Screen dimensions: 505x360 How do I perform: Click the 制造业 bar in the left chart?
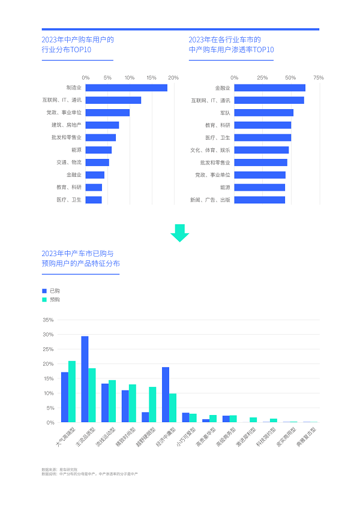(x=126, y=88)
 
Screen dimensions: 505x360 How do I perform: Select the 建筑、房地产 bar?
(x=102, y=125)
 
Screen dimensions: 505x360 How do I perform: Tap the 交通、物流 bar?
(x=97, y=163)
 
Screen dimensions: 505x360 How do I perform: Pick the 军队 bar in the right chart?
(x=263, y=113)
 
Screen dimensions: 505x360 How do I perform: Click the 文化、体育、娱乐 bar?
(x=261, y=150)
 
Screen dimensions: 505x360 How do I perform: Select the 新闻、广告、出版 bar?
(x=259, y=200)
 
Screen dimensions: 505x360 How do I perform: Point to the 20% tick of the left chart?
(x=173, y=78)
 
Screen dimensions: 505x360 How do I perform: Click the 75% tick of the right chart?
(x=319, y=78)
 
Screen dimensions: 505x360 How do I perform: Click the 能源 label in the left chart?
(x=76, y=150)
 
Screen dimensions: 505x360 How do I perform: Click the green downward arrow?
(x=179, y=233)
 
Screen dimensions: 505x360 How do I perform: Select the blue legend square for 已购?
(x=44, y=290)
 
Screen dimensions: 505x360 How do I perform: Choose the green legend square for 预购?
(x=44, y=299)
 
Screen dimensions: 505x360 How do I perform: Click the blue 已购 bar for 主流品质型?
(x=85, y=379)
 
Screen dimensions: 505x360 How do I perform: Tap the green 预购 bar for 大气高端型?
(x=72, y=392)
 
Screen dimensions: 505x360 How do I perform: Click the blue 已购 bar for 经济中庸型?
(x=166, y=395)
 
